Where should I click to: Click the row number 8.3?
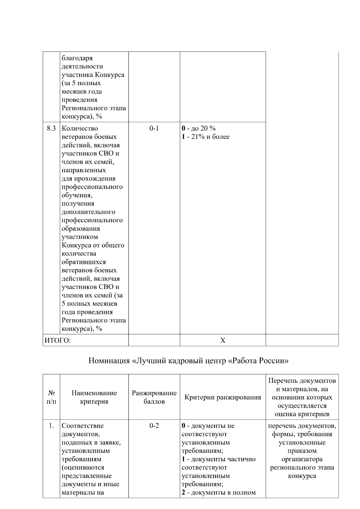click(51, 129)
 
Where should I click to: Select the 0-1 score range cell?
click(154, 129)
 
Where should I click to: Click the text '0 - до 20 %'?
click(199, 129)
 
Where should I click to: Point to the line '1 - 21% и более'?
click(205, 137)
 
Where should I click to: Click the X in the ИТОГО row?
click(223, 340)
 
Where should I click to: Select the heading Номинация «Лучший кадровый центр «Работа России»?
click(188, 361)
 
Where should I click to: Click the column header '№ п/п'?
click(51, 397)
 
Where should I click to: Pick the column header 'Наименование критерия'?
click(94, 397)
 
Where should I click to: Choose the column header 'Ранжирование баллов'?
click(154, 397)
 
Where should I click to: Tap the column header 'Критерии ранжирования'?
click(223, 398)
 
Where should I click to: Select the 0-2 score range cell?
click(154, 426)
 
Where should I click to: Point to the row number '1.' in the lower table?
click(52, 426)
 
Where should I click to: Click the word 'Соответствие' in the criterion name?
click(82, 426)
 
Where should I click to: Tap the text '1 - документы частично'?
click(219, 459)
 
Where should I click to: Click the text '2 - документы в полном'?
click(219, 493)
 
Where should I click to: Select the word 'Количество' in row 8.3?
click(80, 129)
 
